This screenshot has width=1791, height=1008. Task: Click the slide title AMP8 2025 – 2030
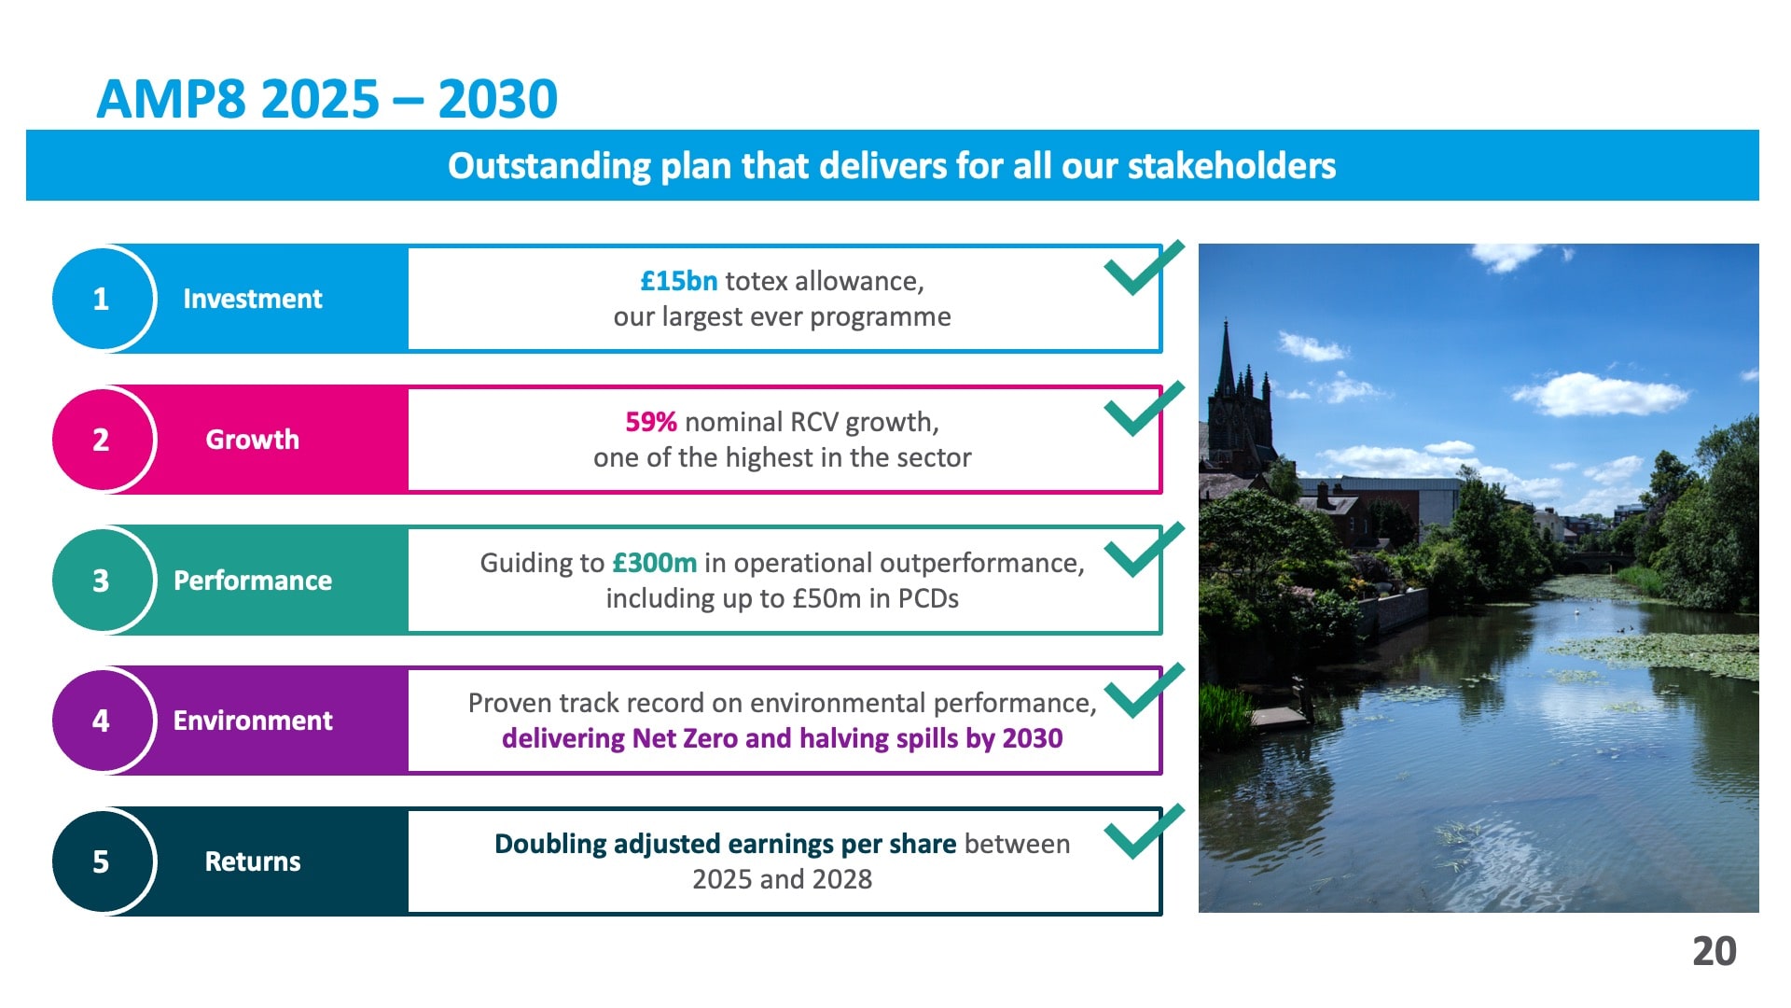point(326,99)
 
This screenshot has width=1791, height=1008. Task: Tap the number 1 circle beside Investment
point(101,299)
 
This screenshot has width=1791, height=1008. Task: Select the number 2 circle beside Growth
point(101,440)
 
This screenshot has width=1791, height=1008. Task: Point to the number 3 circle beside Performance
point(101,581)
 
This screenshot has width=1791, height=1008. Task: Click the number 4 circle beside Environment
point(101,721)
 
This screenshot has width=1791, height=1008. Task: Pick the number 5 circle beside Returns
point(101,861)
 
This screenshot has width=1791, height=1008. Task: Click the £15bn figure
point(679,281)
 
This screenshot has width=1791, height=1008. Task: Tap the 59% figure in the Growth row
point(651,422)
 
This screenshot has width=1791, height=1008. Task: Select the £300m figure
point(655,563)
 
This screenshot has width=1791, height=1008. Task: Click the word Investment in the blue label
point(253,299)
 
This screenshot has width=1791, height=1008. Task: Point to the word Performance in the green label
point(253,581)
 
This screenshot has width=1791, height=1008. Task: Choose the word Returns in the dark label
point(253,861)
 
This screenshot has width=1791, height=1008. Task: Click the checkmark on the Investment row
point(1143,271)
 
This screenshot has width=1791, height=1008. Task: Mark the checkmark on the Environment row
point(1143,693)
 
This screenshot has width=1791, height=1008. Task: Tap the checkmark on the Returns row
point(1143,833)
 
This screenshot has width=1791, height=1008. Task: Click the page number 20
point(1715,952)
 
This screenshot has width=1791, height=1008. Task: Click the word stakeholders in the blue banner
point(1232,166)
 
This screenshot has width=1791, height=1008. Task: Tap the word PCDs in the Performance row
point(928,598)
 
